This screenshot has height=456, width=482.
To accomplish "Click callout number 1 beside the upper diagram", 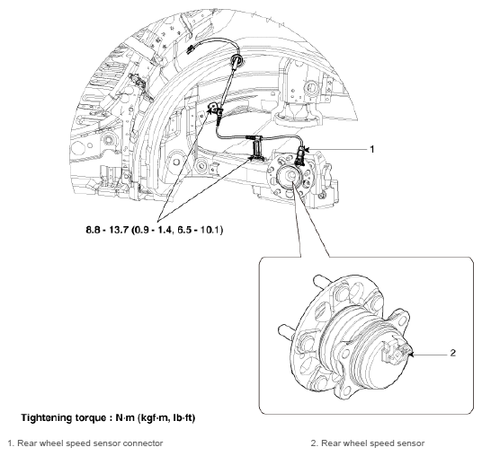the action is [372, 149].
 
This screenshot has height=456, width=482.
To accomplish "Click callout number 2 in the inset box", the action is [453, 353].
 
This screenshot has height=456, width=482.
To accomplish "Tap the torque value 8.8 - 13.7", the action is [106, 230].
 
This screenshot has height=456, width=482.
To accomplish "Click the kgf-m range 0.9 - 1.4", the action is [153, 230].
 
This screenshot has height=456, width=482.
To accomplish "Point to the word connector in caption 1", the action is [143, 443].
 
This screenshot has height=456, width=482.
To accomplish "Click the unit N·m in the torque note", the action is [125, 418].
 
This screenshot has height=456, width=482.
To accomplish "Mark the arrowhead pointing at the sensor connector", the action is [307, 149].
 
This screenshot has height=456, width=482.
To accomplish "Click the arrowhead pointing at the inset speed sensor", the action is [412, 355].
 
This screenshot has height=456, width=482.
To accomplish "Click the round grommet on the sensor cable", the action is [237, 59].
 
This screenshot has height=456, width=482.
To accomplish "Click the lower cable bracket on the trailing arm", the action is [256, 149].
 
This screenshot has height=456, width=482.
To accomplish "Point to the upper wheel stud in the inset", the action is [321, 281].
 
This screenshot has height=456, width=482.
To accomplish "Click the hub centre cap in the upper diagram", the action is [289, 177].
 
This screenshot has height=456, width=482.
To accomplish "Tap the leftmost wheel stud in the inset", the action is [286, 332].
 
